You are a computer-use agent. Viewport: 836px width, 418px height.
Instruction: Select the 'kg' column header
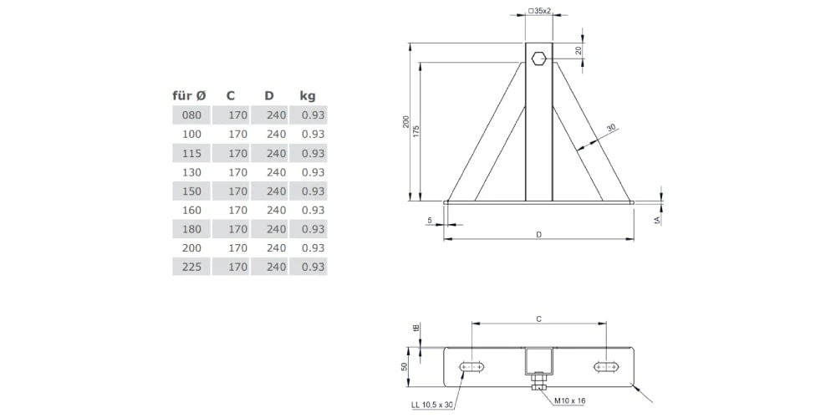(x=308, y=95)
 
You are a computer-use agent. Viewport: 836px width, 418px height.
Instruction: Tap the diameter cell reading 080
(x=191, y=115)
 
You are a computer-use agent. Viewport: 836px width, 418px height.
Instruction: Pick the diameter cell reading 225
(x=191, y=267)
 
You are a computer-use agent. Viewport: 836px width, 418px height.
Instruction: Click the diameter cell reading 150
(x=191, y=191)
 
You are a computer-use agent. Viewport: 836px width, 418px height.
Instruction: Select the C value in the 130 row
(x=237, y=172)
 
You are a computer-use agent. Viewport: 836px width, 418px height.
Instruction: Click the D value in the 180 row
(x=276, y=229)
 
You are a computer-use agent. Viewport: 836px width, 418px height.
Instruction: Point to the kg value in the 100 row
(x=313, y=134)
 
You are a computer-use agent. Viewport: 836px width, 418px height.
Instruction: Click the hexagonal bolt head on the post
(x=539, y=59)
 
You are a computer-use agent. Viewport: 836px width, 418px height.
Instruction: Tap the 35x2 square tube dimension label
(x=540, y=12)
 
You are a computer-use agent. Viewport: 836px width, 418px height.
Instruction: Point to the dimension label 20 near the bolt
(x=579, y=50)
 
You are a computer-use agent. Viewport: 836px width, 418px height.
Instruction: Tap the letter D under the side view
(x=539, y=235)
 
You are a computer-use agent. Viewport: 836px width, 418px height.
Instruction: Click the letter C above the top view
(x=538, y=319)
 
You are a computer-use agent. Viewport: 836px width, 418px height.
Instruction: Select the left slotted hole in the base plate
(x=473, y=366)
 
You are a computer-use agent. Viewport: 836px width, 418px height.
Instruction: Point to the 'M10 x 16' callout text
(x=569, y=401)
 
